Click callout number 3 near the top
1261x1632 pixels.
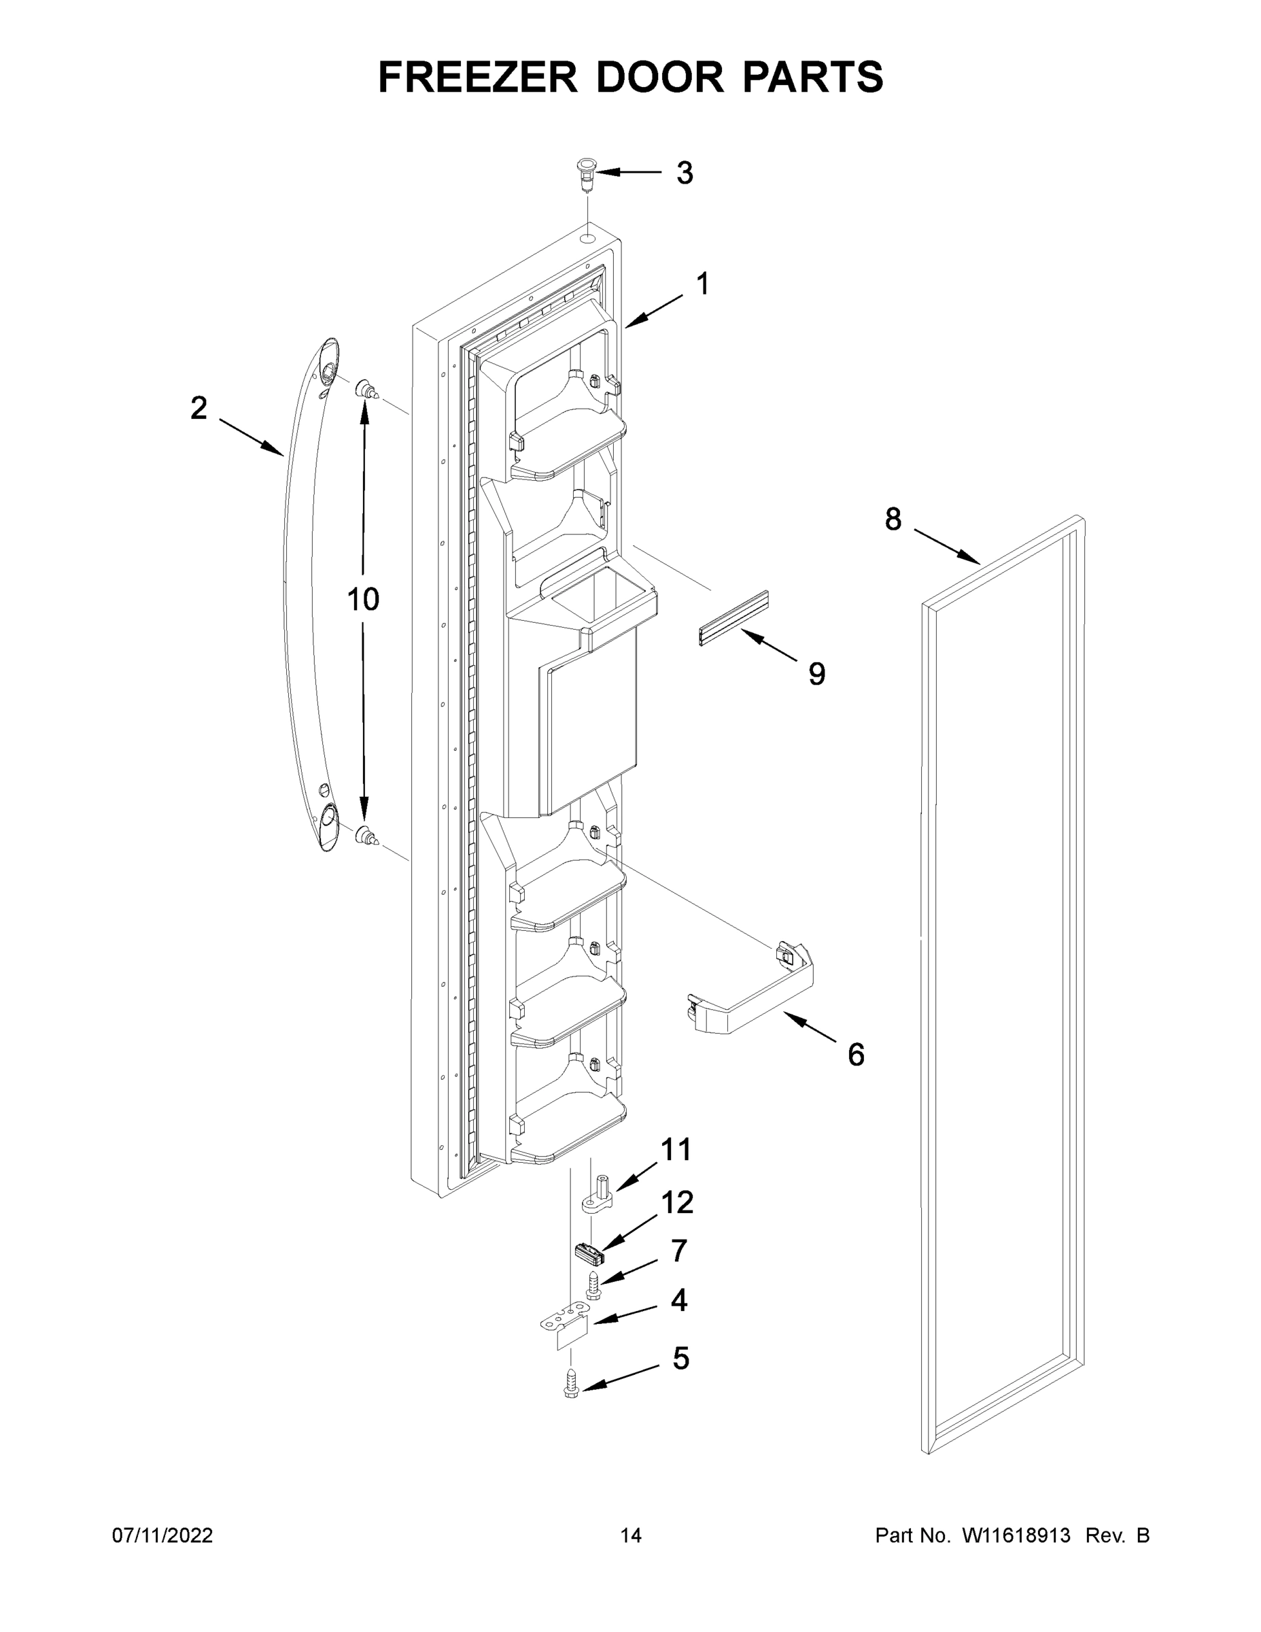685,173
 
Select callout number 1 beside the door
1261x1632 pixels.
702,284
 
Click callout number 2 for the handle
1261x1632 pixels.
198,408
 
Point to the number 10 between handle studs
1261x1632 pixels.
363,598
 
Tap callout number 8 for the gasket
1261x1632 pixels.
893,519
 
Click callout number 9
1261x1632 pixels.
816,674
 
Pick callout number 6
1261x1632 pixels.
855,1055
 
